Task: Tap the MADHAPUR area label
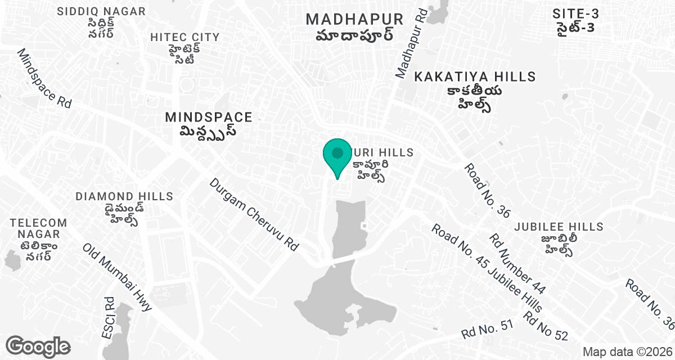pos(354,19)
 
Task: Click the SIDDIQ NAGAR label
pos(101,11)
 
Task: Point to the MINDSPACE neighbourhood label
pos(209,117)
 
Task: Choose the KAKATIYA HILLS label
pos(475,76)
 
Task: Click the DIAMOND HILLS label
pos(124,196)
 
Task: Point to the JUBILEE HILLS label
pos(559,227)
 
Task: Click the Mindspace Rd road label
pos(45,79)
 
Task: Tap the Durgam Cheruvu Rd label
pos(254,214)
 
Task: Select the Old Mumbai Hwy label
pos(118,277)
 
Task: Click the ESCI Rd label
pos(108,318)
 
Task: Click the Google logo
pos(38,345)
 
